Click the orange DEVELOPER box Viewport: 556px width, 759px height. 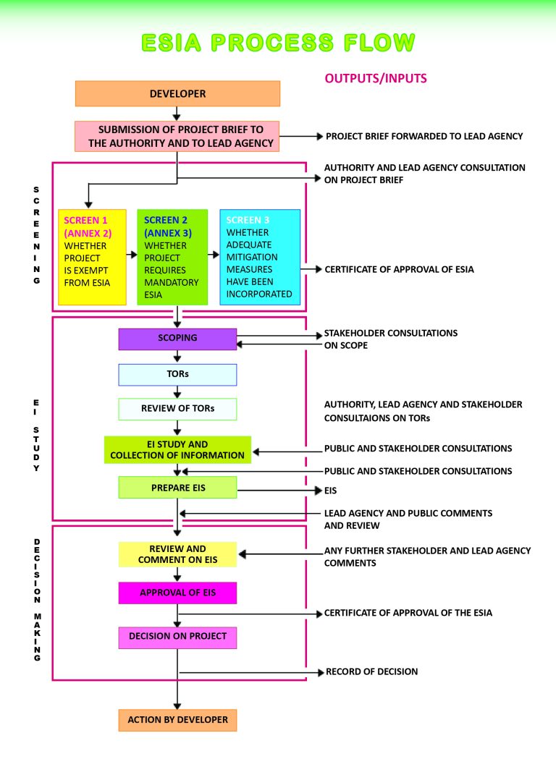click(177, 93)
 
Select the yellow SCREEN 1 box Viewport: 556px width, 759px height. click(92, 257)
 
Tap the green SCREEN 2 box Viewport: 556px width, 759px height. click(172, 257)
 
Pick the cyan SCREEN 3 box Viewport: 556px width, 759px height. click(260, 257)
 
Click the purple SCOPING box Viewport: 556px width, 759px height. click(177, 339)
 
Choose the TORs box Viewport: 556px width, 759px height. click(177, 375)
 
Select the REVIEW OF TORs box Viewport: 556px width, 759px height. click(177, 409)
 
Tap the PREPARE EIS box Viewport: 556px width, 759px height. click(177, 488)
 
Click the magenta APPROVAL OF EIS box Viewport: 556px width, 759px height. click(177, 593)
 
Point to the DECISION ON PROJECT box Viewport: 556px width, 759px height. click(177, 637)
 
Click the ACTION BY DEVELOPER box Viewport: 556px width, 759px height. click(177, 720)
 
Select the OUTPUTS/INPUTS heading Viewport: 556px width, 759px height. click(376, 78)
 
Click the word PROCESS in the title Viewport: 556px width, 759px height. click(273, 43)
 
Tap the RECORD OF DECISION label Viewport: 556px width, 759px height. click(371, 672)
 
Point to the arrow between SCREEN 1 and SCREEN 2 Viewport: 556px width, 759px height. click(132, 255)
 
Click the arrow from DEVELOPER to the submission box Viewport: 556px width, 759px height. click(177, 114)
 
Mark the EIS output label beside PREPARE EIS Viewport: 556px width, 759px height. click(330, 491)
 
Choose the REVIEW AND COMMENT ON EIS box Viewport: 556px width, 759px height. click(177, 554)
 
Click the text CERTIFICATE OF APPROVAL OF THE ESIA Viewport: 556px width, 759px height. click(408, 613)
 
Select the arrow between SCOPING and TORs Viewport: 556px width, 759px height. click(177, 356)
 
